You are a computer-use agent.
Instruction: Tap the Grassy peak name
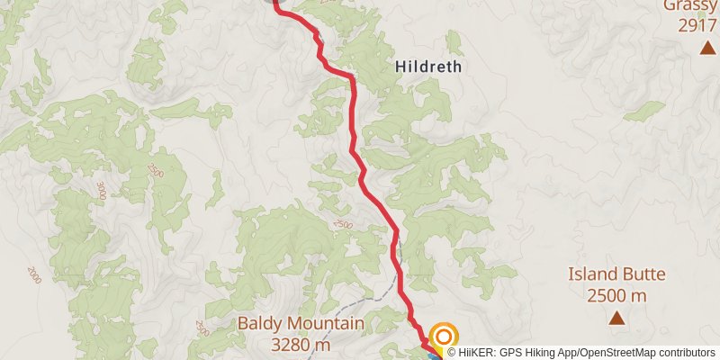(690, 5)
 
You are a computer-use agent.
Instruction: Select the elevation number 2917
(697, 25)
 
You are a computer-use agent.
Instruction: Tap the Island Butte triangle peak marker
(616, 317)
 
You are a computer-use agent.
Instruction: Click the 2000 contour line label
(35, 272)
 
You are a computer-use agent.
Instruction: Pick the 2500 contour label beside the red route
(342, 225)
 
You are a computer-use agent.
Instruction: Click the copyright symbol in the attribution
(452, 353)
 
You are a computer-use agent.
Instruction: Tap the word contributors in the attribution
(689, 353)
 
